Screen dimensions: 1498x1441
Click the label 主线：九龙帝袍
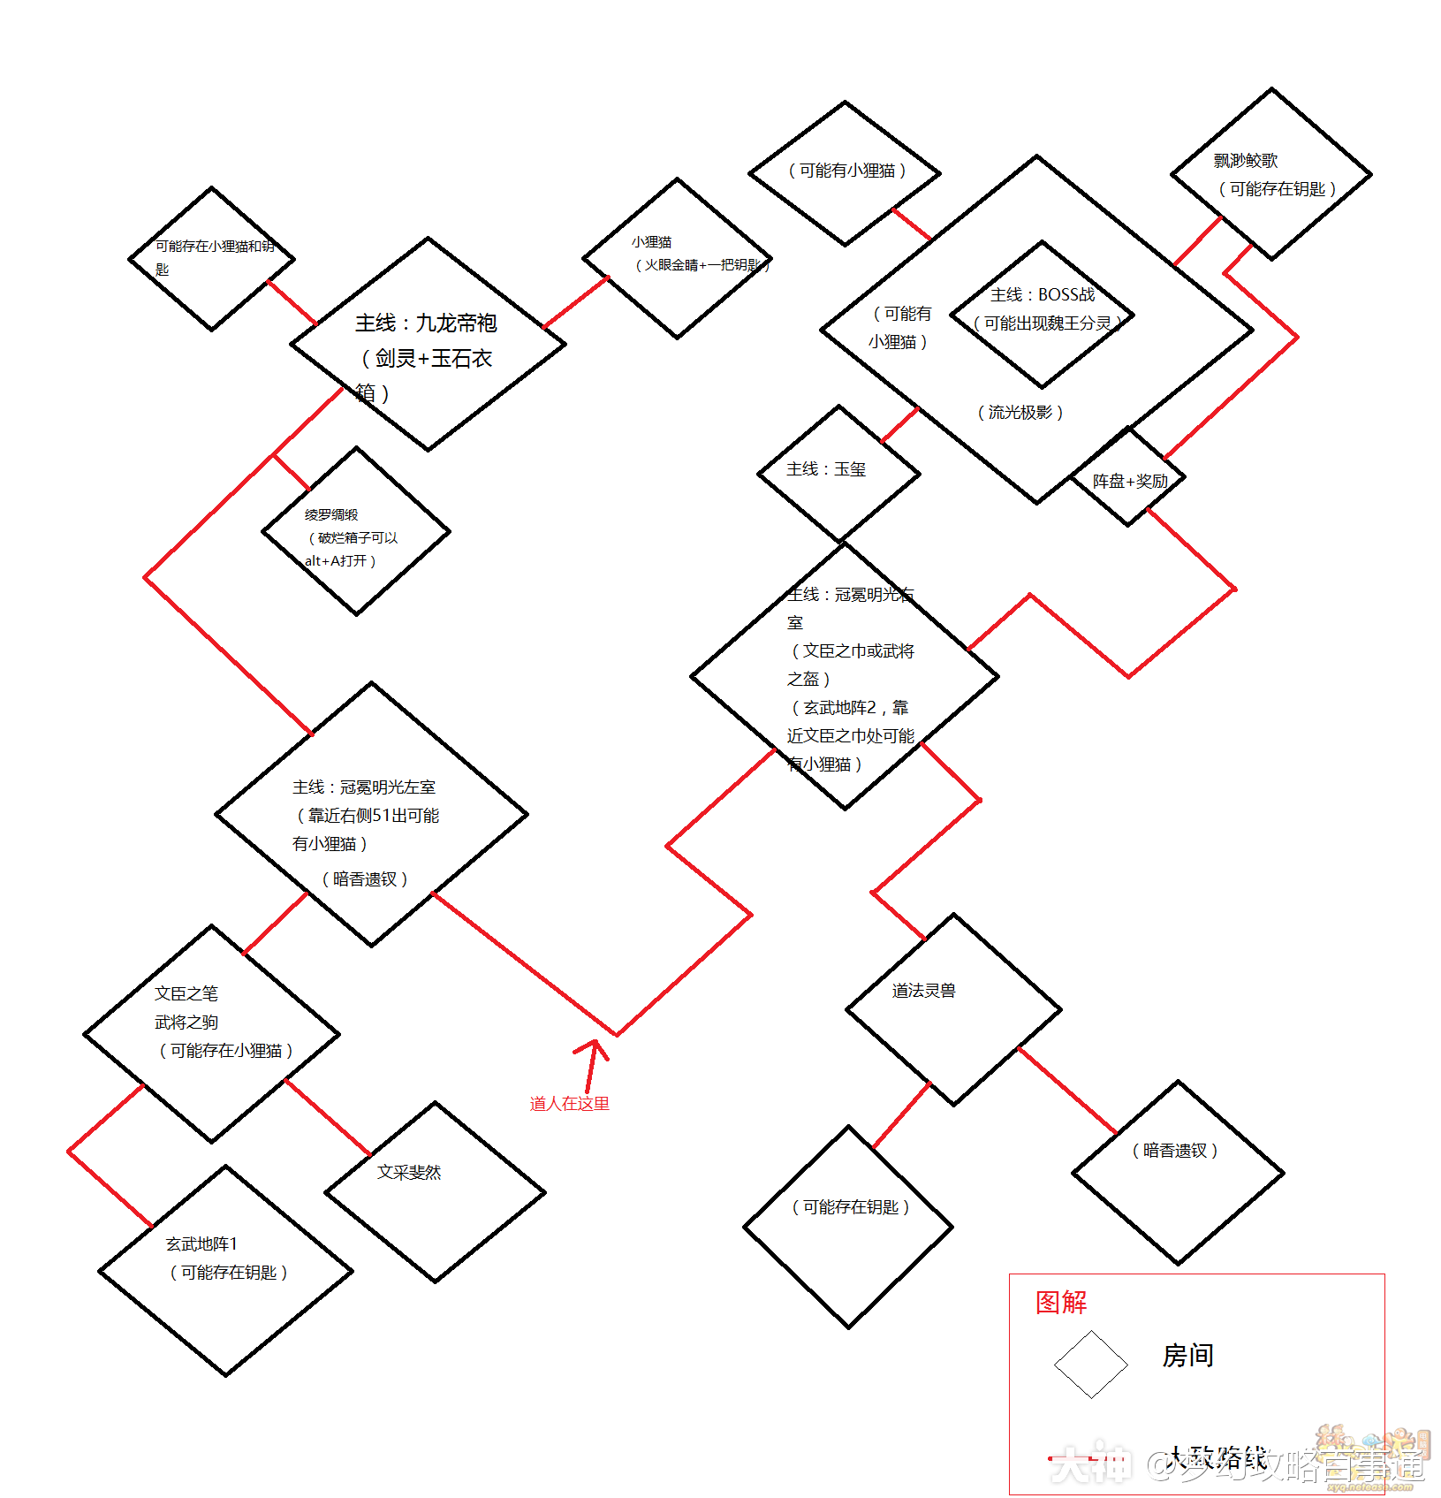point(426,323)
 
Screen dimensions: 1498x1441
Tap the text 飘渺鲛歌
point(1246,161)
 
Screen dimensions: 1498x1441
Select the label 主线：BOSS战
point(1043,295)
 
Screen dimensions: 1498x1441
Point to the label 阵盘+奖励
point(1130,482)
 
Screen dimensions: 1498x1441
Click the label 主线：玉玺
point(826,469)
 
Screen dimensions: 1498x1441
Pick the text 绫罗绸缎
point(331,515)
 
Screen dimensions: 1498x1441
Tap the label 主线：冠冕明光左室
point(364,787)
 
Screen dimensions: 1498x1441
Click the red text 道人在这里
point(569,1104)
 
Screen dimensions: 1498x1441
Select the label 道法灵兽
point(923,992)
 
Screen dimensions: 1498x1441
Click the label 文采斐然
point(409,1173)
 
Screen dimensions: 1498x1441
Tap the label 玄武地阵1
point(201,1244)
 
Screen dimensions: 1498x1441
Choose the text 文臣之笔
point(186,994)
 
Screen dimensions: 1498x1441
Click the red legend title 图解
point(1061,1303)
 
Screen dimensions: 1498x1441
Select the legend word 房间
point(1187,1356)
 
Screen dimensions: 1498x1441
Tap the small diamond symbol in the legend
point(1091,1365)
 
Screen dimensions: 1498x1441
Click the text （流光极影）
point(1020,413)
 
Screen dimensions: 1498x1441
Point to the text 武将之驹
point(186,1023)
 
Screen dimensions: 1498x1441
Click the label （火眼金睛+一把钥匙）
point(702,265)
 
